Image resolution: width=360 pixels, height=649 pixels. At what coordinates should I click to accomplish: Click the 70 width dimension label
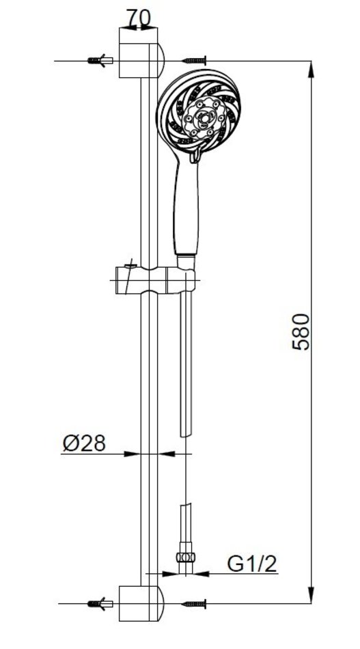pyautogui.click(x=138, y=18)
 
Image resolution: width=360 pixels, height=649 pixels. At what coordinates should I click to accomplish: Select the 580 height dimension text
pyautogui.click(x=301, y=332)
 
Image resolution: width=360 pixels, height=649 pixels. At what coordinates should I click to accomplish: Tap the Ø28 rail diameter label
pyautogui.click(x=85, y=443)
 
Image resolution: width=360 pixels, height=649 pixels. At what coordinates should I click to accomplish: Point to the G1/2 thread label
pyautogui.click(x=251, y=564)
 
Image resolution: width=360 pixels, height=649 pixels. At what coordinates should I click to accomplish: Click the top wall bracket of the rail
pyautogui.click(x=141, y=53)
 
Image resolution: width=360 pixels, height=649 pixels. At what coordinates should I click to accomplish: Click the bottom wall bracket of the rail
pyautogui.click(x=141, y=603)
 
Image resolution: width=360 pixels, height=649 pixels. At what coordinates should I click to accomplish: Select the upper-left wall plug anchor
pyautogui.click(x=100, y=61)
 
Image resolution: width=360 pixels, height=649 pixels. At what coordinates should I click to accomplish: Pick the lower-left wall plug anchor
pyautogui.click(x=100, y=604)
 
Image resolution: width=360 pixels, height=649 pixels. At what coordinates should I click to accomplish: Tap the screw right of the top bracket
pyautogui.click(x=194, y=61)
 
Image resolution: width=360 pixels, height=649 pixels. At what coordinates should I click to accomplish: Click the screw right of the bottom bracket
pyautogui.click(x=194, y=604)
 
